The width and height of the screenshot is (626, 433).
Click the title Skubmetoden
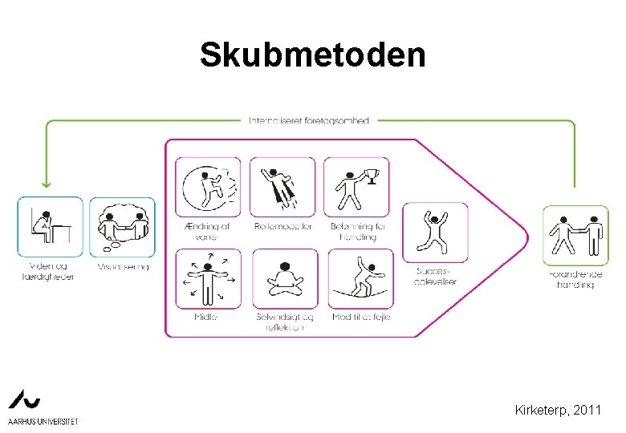pos(313,55)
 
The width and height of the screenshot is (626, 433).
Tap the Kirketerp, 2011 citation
pos(559,411)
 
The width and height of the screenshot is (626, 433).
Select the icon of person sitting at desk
pos(50,227)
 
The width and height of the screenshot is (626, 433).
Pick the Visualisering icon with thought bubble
pos(122,227)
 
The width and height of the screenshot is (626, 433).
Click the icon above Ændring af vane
pos(208,187)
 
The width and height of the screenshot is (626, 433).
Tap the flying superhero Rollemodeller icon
pos(283,187)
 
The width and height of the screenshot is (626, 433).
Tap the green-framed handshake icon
pos(575,235)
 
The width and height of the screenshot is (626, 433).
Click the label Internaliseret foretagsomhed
pos(309,121)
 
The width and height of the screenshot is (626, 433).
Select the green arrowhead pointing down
pos(46,184)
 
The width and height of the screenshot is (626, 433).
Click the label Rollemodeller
pos(283,227)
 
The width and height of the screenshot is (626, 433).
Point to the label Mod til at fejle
pos(361,318)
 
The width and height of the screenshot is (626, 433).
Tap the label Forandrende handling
pos(575,279)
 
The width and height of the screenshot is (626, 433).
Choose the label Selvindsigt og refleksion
pos(285,322)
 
